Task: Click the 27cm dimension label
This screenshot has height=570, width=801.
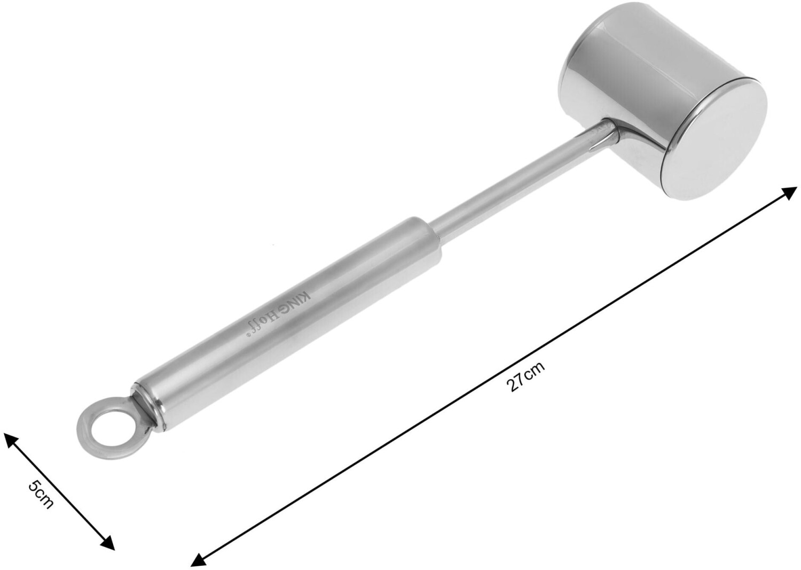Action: coord(526,376)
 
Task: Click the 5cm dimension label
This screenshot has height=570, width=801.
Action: coord(41,495)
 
